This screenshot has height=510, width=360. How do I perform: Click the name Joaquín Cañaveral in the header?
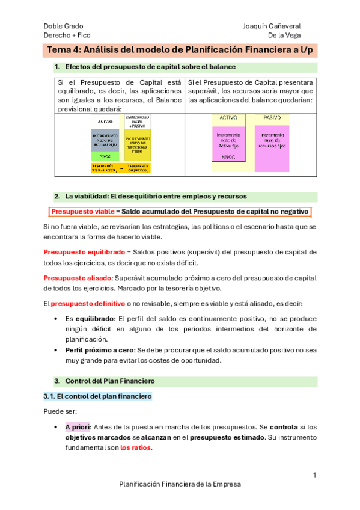click(x=272, y=26)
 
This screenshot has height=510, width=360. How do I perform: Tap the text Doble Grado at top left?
click(x=63, y=26)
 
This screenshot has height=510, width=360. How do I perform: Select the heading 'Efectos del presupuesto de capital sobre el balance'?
click(x=150, y=67)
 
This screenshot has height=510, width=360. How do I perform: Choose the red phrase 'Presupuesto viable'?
click(x=82, y=212)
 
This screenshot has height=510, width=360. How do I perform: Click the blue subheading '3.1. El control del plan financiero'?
click(x=98, y=397)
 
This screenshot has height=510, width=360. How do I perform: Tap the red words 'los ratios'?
click(x=136, y=448)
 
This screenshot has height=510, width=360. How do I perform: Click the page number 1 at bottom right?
click(x=314, y=476)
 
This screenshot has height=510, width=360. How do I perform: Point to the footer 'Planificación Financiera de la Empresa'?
click(x=180, y=484)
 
